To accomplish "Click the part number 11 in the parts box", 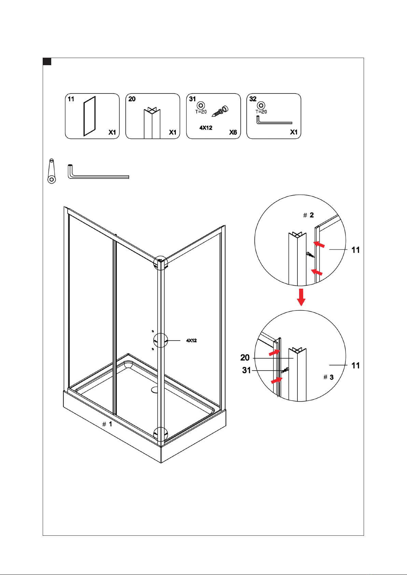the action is point(71,99).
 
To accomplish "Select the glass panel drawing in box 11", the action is point(89,116).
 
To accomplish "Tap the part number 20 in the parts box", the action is point(132,99).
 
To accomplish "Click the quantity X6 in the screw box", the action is point(233,132).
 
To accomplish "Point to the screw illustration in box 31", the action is point(220,111).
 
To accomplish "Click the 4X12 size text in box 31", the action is point(206,128).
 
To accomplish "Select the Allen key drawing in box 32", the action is point(274,120).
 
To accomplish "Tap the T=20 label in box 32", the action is point(261,112).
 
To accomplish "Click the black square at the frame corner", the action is point(47,62).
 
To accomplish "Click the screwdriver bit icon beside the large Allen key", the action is point(52,171).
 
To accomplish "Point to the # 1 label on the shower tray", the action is point(107,424).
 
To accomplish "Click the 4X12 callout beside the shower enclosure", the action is point(191,340).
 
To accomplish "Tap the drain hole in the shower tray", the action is point(155,390).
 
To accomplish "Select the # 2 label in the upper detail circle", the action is point(308,215).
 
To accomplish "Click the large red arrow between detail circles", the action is point(301,297).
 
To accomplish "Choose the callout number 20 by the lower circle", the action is point(245,357).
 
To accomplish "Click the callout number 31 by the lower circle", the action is point(246,370).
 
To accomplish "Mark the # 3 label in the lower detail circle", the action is point(328,377).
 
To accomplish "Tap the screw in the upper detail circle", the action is point(310,255).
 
